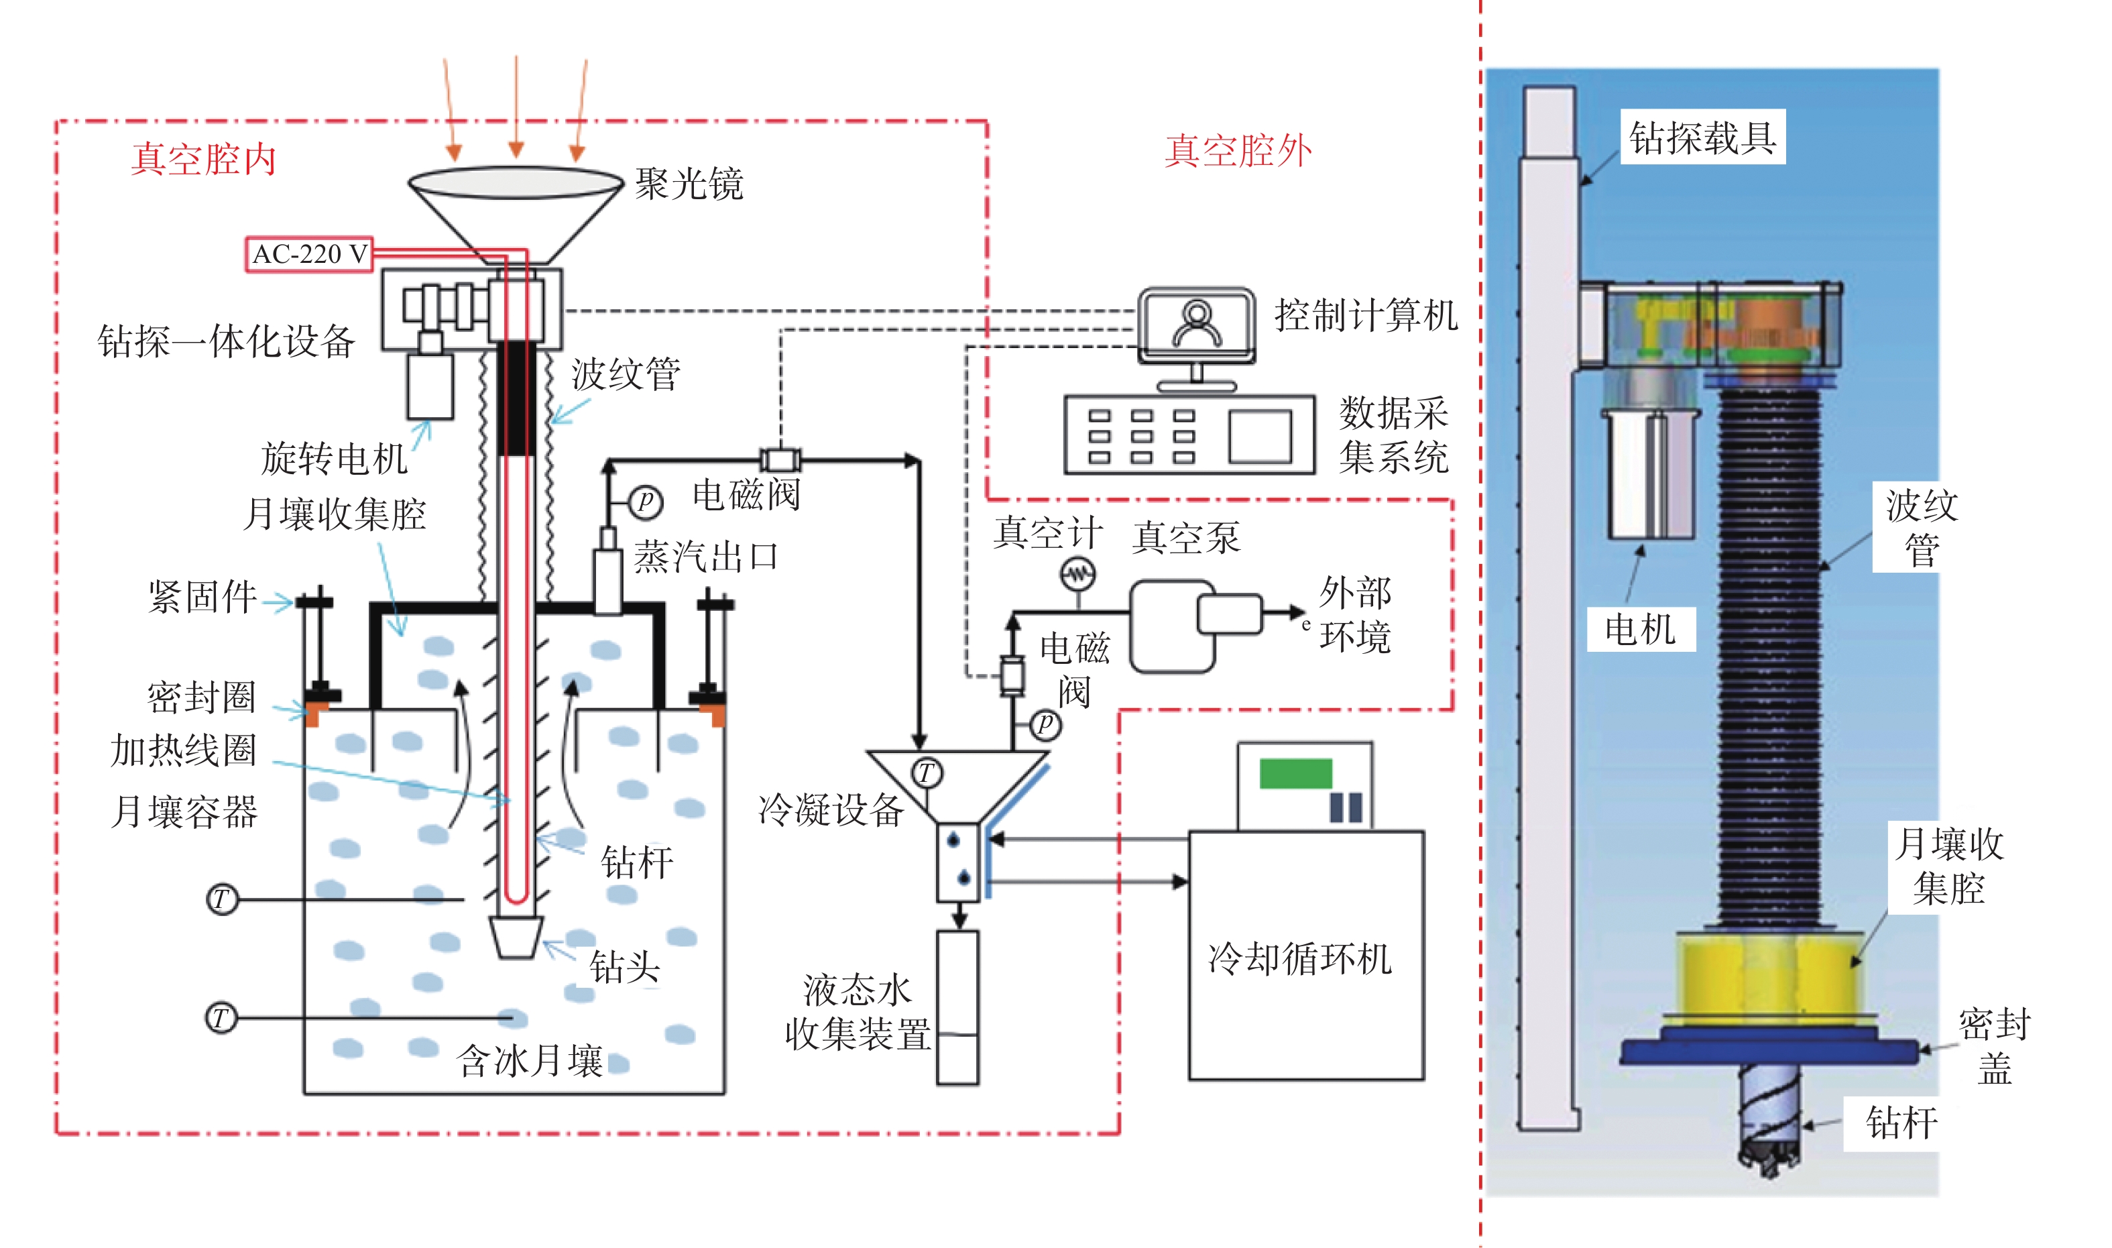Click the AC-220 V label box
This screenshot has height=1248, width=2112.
(x=308, y=254)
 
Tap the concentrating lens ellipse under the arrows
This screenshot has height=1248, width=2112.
(x=516, y=182)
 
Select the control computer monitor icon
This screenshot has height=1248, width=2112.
(x=1195, y=325)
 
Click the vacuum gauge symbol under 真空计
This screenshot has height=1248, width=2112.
(x=1078, y=575)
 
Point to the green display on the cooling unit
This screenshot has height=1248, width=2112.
(x=1295, y=773)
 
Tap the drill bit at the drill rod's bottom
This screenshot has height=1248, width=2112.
(x=516, y=937)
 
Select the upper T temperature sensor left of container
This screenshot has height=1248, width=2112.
(x=222, y=899)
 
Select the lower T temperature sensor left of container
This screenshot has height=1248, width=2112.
(x=221, y=1017)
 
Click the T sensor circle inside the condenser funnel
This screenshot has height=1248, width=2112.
(x=926, y=772)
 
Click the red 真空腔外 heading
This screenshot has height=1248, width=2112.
(x=1238, y=150)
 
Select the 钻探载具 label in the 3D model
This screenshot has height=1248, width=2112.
(x=1702, y=137)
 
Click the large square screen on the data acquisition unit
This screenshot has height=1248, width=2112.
(x=1259, y=437)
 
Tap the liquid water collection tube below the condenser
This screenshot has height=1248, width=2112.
(x=957, y=1007)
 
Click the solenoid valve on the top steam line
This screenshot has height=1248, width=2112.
(x=780, y=460)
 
